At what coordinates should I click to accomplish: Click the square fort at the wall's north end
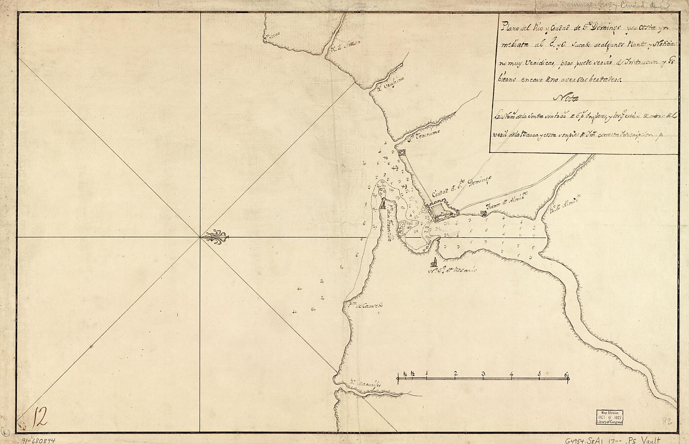click(401, 153)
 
